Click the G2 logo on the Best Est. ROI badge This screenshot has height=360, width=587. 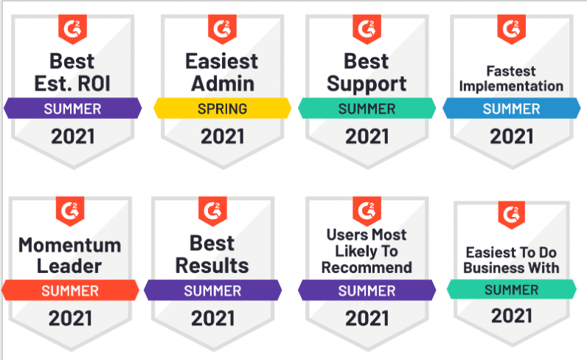click(72, 29)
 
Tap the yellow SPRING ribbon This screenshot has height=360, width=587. click(223, 108)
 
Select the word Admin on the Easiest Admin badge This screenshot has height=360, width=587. click(223, 83)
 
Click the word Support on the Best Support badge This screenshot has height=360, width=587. click(367, 84)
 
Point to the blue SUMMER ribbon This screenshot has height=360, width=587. click(511, 108)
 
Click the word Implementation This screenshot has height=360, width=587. click(511, 86)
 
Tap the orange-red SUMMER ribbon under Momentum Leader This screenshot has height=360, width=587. click(70, 291)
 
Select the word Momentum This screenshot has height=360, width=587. click(70, 246)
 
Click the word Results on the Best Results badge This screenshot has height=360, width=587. click(212, 266)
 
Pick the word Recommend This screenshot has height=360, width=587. click(367, 268)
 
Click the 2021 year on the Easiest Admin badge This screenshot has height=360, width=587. click(223, 136)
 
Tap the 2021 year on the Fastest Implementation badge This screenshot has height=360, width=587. click(511, 136)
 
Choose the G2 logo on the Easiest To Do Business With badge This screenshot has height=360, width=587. click(511, 215)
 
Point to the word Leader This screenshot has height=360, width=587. click(69, 266)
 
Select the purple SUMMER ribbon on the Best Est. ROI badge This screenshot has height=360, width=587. click(72, 108)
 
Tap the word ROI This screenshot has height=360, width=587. click(94, 83)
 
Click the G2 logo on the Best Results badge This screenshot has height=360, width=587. click(212, 211)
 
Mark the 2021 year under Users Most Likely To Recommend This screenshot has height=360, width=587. click(367, 319)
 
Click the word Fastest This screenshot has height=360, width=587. click(511, 71)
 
